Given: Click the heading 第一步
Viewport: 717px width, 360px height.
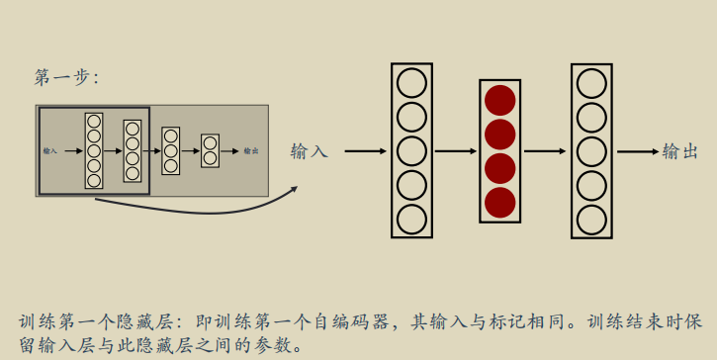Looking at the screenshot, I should (x=66, y=78).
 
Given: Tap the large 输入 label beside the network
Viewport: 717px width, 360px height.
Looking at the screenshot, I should (x=309, y=151).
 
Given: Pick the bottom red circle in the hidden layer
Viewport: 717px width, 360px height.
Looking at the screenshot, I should (x=500, y=202).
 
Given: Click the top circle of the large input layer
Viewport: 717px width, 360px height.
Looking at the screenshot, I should (x=411, y=83).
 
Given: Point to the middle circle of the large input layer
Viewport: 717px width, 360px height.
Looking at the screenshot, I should (x=411, y=150).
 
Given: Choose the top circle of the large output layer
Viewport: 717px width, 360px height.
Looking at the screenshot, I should (x=591, y=83).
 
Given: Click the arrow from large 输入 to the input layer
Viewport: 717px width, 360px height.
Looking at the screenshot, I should (x=364, y=151).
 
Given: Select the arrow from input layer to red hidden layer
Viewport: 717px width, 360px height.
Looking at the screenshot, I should (x=456, y=151).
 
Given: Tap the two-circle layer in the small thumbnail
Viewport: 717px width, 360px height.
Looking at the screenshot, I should (x=210, y=150).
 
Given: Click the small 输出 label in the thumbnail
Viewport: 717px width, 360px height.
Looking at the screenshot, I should (x=251, y=151).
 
